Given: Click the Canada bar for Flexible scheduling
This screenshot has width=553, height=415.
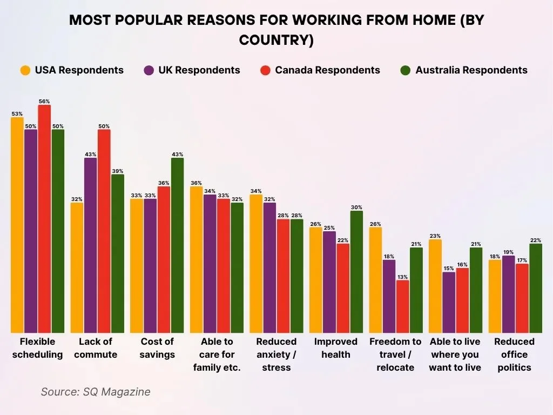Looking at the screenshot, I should (x=44, y=219).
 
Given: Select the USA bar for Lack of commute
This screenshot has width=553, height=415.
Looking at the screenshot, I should (x=77, y=267).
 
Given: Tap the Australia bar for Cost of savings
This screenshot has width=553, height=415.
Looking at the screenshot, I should (x=177, y=245).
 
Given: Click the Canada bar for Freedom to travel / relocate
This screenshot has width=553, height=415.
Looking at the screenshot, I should (x=402, y=306).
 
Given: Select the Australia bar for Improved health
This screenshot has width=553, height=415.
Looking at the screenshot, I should (x=356, y=272).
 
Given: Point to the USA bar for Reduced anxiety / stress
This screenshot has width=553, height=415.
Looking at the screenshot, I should (x=256, y=264).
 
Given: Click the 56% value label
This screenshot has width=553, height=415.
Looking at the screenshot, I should (x=44, y=101).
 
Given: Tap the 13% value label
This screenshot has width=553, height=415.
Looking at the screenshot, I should (x=402, y=276).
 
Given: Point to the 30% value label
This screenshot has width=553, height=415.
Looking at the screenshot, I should (x=356, y=207).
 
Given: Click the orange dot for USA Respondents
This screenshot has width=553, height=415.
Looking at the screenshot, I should (x=25, y=70).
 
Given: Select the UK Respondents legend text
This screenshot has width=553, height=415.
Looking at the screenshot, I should (x=199, y=70).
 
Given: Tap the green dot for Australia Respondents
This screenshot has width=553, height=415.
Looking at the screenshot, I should (x=406, y=70).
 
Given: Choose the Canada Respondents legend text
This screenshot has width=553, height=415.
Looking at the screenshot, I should (x=327, y=70).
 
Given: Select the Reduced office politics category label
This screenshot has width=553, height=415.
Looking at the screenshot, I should (x=514, y=354).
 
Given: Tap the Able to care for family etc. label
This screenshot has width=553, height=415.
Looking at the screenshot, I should (x=217, y=354).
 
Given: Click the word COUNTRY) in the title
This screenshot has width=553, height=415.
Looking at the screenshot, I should (x=276, y=41).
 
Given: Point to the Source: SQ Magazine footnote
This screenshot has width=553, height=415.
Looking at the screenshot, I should (x=96, y=392).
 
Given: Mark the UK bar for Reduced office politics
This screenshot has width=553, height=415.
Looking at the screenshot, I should (x=508, y=294).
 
